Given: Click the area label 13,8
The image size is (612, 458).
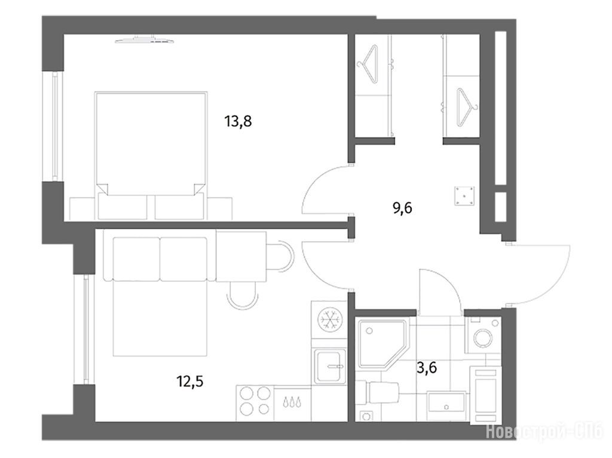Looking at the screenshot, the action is coord(238,121).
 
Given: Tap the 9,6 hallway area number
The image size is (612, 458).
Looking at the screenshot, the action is coord(402,208).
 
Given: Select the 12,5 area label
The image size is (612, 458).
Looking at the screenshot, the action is coord(189,381).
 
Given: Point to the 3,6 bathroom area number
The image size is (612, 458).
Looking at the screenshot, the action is coord(426,367).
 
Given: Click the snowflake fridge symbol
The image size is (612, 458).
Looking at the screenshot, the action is coord(330,319).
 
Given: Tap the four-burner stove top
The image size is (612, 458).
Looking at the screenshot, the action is coord(255,401).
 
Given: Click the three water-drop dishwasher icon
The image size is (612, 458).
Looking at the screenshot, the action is coord(292,402).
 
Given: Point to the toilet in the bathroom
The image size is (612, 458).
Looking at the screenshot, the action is coord(378,393).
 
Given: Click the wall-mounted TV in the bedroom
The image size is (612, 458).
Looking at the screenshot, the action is coord(145,39).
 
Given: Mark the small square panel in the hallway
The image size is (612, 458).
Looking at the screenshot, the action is coord(464,196).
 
